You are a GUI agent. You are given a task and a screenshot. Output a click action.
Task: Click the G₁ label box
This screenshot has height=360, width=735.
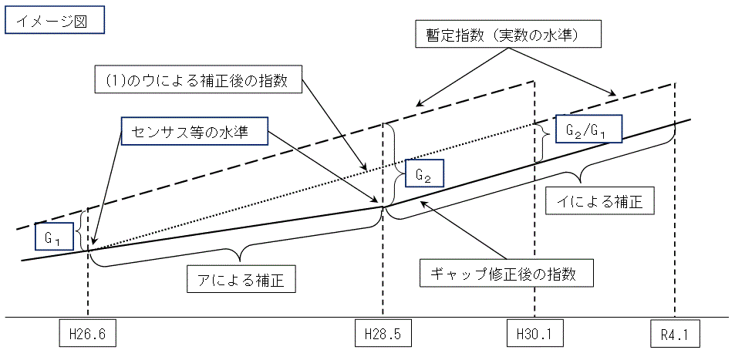tap(54, 238)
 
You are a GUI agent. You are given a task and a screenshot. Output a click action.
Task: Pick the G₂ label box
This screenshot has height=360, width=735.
tap(423, 175)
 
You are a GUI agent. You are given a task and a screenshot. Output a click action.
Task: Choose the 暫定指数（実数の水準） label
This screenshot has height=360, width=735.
tap(507, 35)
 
